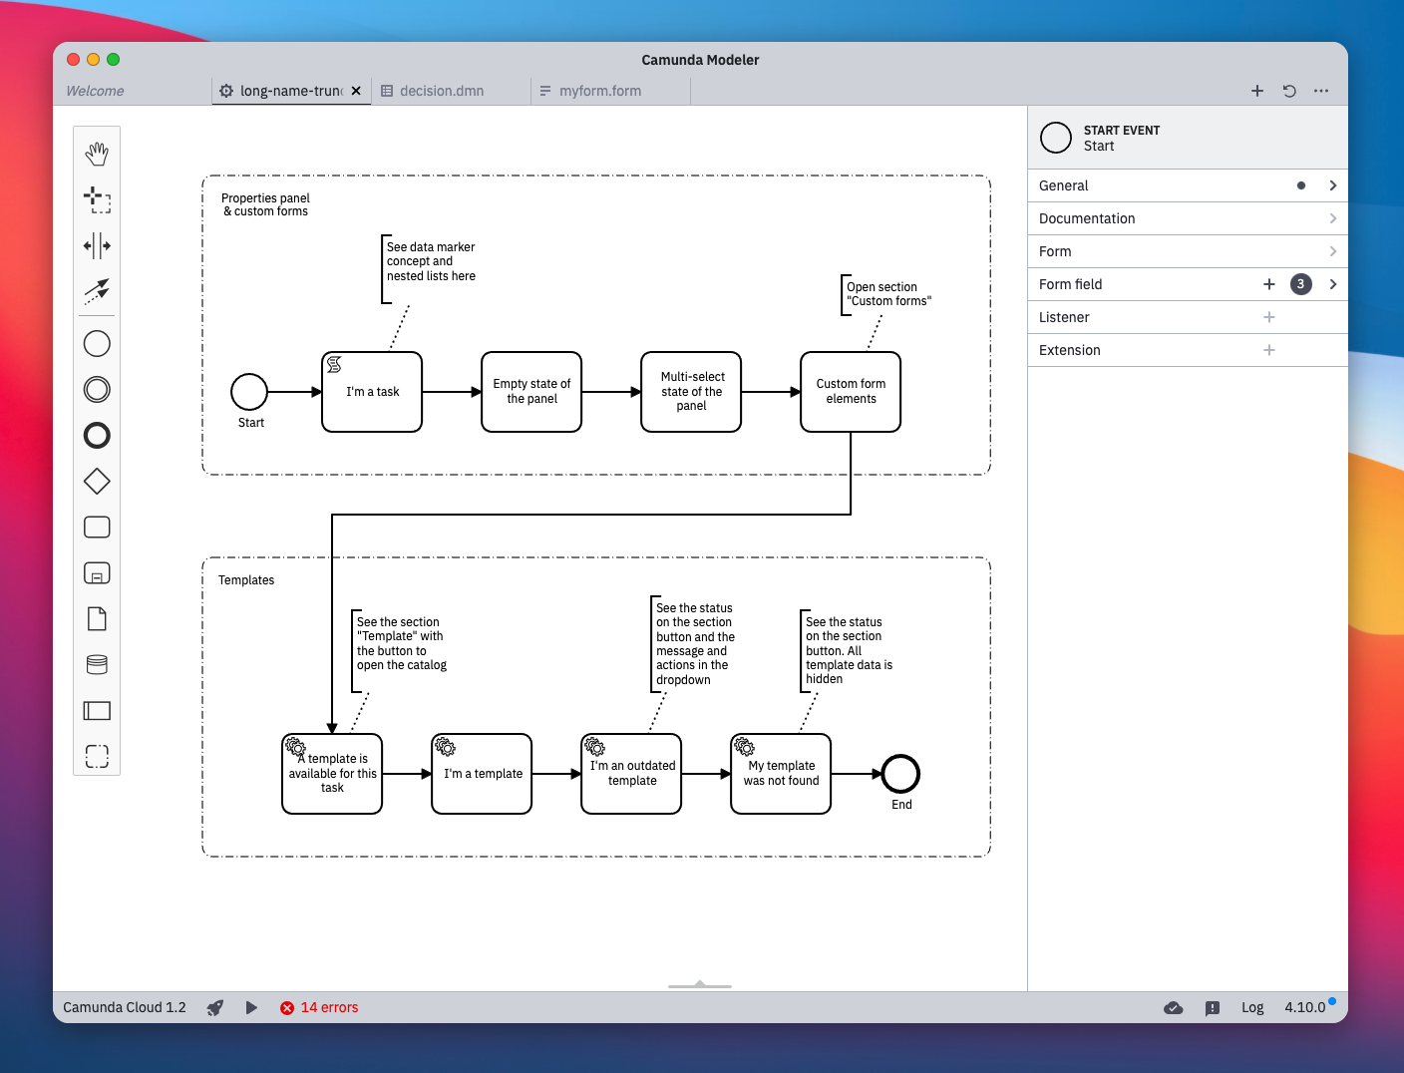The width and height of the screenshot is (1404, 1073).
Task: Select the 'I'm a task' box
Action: click(372, 391)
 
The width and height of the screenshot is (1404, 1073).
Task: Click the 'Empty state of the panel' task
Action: click(531, 391)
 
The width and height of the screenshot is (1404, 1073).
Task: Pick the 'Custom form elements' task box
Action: click(850, 391)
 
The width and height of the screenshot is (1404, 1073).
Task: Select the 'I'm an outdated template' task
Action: click(631, 774)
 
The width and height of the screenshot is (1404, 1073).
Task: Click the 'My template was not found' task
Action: click(781, 774)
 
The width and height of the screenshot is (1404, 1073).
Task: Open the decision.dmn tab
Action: click(442, 91)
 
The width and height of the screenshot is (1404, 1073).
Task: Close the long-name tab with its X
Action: click(356, 91)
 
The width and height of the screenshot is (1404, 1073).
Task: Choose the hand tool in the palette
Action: click(97, 155)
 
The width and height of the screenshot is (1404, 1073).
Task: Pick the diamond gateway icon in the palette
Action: click(97, 481)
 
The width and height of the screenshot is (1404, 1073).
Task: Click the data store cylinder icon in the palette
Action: click(97, 664)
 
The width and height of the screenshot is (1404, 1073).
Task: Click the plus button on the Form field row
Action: click(1269, 284)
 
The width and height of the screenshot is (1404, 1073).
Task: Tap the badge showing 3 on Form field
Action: click(1300, 284)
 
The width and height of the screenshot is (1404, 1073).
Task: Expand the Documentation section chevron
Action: click(1333, 218)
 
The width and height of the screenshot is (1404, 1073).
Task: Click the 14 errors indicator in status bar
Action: click(319, 1007)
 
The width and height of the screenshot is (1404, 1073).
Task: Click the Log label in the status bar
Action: click(1252, 1007)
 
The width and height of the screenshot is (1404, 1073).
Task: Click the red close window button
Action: click(73, 60)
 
